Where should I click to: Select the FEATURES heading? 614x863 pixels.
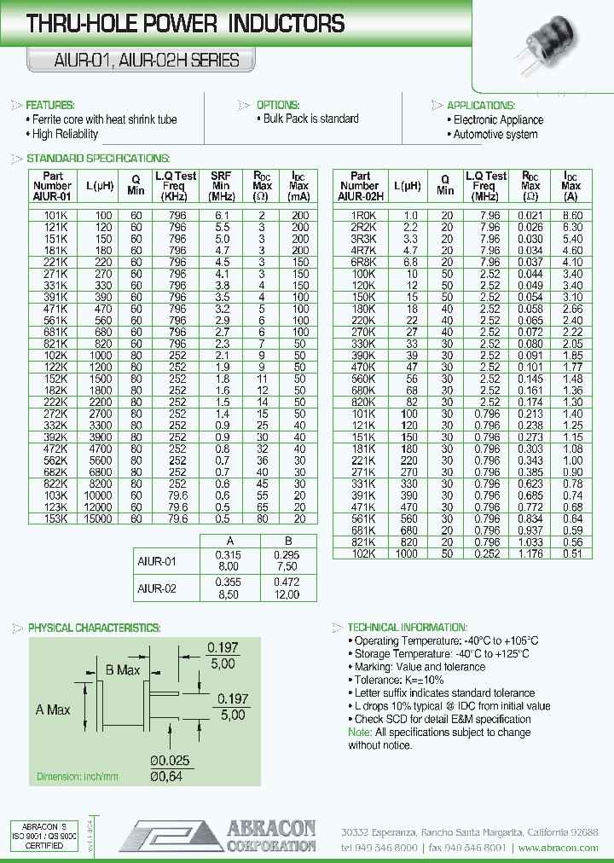tap(50, 105)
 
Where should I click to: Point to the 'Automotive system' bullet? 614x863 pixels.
tap(495, 134)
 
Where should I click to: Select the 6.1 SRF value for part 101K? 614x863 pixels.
tap(221, 217)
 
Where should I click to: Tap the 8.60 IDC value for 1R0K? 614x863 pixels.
tap(573, 217)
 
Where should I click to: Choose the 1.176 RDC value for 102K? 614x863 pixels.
tap(530, 553)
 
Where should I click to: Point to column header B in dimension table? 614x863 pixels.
tap(287, 541)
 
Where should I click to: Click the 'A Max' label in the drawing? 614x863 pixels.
tap(53, 710)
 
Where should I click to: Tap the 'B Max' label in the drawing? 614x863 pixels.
tap(123, 670)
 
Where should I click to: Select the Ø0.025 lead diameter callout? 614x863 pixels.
tap(170, 761)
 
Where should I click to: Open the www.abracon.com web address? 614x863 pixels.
tap(558, 848)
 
